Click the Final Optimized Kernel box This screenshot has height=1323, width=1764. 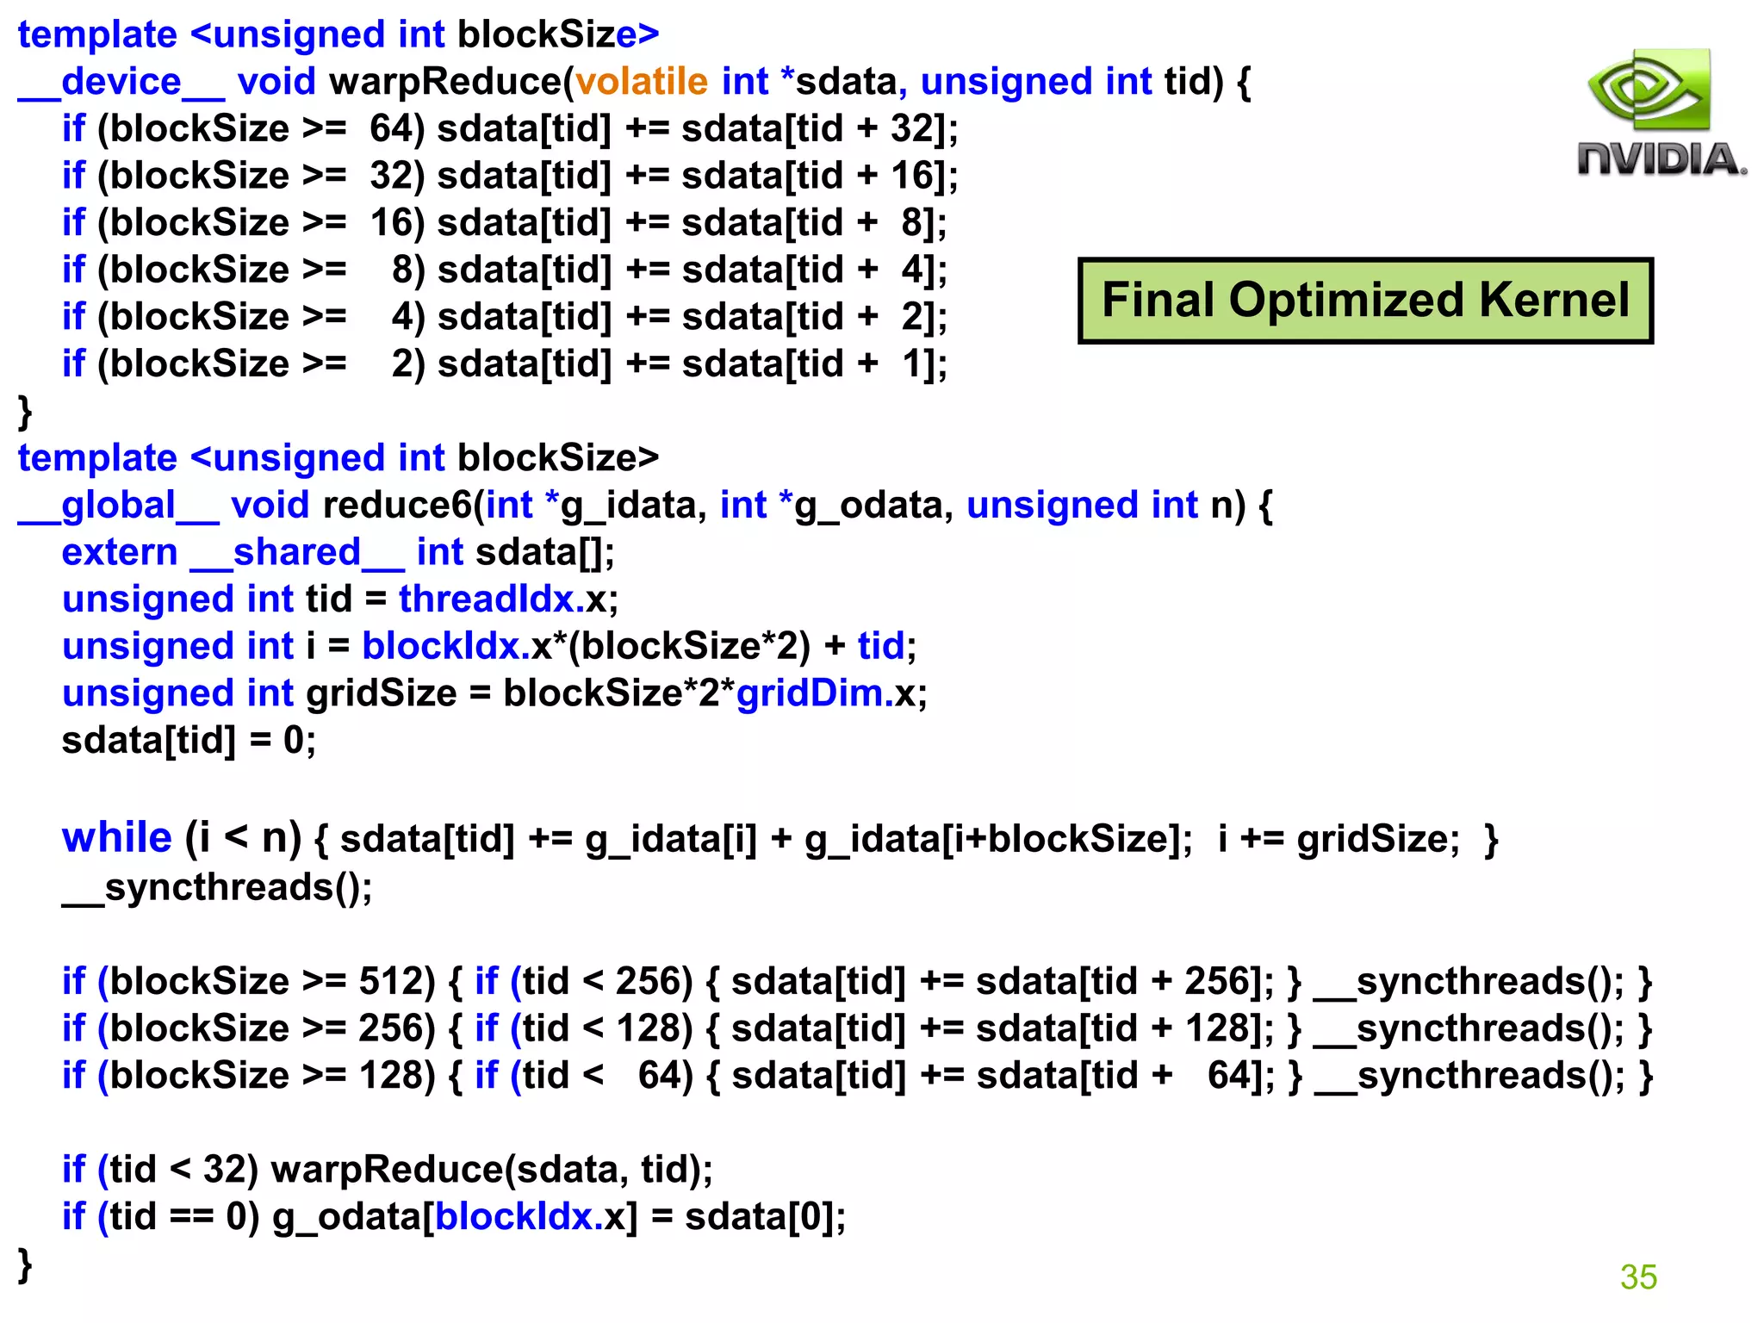click(1365, 301)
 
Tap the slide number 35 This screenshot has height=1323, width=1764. click(1637, 1276)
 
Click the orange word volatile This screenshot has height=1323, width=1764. click(642, 82)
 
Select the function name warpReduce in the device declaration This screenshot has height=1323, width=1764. click(445, 82)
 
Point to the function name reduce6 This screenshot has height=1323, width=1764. click(397, 505)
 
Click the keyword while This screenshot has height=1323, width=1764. click(117, 838)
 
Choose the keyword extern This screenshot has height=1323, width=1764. click(120, 552)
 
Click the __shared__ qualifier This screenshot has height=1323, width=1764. click(297, 553)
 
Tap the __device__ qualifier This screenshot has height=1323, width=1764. click(121, 83)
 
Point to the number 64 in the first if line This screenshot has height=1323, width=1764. click(392, 129)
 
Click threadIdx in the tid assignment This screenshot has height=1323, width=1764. click(486, 599)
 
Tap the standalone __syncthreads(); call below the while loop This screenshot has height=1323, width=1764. click(217, 887)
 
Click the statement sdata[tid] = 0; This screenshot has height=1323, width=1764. click(189, 740)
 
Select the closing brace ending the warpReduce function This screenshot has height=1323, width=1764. click(25, 410)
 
